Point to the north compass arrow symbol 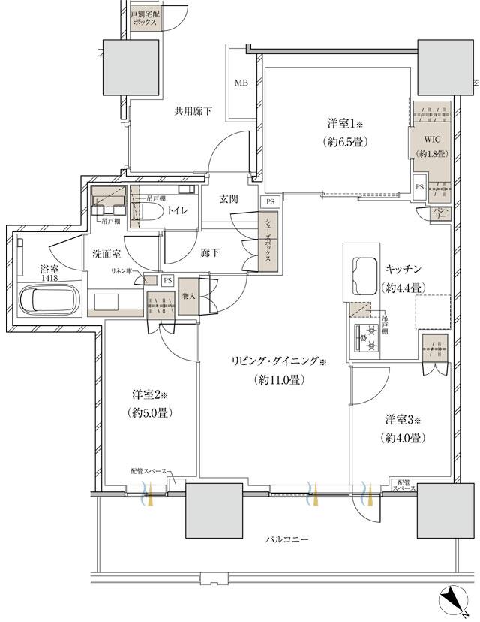453,599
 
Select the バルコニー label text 287,540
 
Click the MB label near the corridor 241,83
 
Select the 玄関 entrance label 229,199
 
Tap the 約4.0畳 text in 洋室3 403,437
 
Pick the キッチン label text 404,268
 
